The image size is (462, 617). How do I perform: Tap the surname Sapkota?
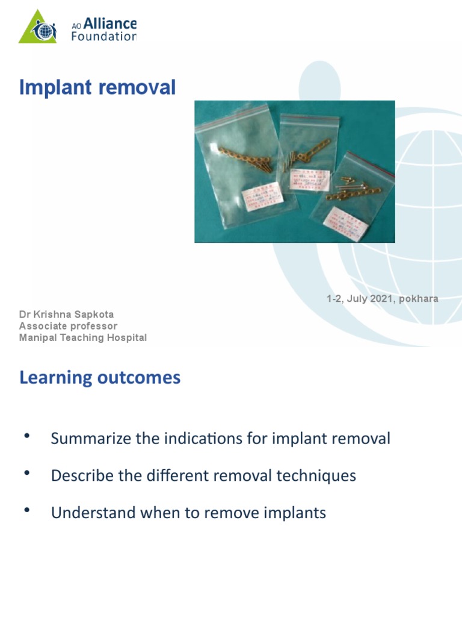click(95, 315)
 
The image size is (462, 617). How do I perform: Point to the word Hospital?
click(128, 338)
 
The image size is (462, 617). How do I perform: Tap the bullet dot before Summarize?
click(26, 436)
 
